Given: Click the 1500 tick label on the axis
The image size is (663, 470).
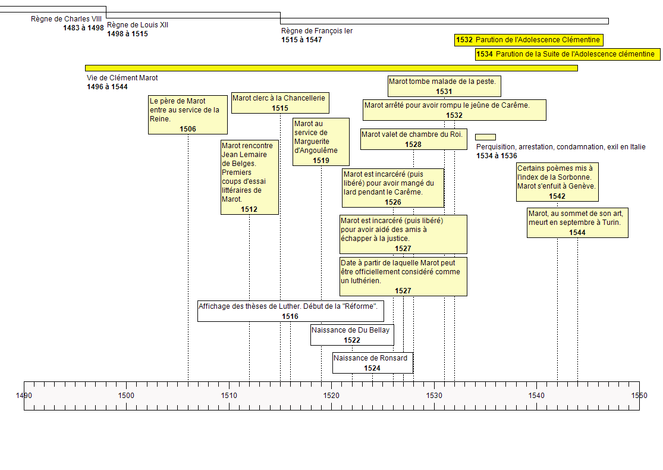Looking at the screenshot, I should coord(126,396).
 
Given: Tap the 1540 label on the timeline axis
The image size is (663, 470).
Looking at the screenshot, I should coord(536,396).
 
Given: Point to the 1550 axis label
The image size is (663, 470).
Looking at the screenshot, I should coord(639,396).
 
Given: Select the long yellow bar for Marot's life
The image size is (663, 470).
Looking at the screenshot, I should coord(331,68).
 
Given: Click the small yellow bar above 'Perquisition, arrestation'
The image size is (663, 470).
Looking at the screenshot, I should coord(485,137).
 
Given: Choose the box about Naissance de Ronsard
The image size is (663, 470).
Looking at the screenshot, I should coord(372,363).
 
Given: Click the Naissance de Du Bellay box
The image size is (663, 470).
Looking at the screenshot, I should coord(352,335).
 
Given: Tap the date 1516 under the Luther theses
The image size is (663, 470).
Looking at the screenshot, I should coord(290,317).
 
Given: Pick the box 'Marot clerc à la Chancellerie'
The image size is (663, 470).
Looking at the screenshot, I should coord(279,103).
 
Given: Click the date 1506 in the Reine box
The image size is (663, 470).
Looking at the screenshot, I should coord(188,129).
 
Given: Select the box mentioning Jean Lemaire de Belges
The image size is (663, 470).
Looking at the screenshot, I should coord(249,177).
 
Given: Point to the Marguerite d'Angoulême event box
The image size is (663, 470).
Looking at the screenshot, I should coord(321,142).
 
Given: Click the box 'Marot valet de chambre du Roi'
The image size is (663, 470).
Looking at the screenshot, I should coord(413,139).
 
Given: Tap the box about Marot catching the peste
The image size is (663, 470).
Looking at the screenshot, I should coord(444,86).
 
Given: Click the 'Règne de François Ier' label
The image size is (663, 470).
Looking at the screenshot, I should coord(317,31).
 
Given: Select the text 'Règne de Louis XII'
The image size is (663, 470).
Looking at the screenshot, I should coord(138,25).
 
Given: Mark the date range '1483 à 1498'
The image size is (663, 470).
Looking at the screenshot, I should coord(84,28).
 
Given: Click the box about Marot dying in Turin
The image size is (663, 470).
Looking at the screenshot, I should coord(577,223).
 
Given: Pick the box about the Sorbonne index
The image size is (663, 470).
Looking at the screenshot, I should coord(557,182).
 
